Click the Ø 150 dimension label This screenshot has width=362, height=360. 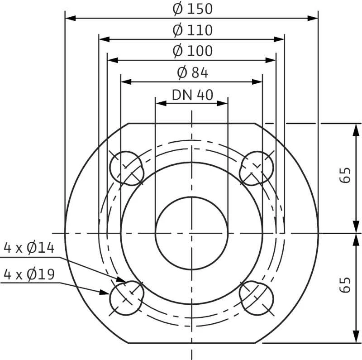[x=192, y=9]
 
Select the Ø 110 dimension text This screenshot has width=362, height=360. [x=192, y=30]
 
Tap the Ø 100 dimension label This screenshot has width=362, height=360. [x=192, y=51]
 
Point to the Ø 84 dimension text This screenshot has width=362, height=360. [x=192, y=72]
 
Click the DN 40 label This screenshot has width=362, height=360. [x=192, y=95]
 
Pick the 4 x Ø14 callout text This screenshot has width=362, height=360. [x=29, y=248]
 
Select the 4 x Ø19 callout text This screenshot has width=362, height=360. [x=29, y=274]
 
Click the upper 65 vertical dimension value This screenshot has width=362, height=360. [x=346, y=175]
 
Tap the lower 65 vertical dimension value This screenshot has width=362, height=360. [x=346, y=285]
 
